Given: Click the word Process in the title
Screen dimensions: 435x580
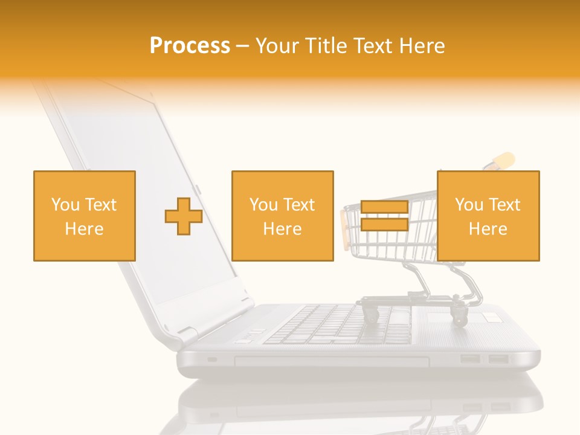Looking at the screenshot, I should (190, 46).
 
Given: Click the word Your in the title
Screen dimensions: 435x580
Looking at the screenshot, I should (278, 46).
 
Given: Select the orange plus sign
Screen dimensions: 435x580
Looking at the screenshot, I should (184, 216).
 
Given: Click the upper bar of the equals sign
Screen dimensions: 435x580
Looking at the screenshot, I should (384, 207).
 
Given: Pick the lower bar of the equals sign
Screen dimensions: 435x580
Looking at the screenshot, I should (384, 225).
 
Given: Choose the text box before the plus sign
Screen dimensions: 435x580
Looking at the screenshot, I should (85, 216).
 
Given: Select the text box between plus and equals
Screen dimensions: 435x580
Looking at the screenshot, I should (283, 216).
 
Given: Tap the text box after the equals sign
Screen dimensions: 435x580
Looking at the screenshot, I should (488, 216).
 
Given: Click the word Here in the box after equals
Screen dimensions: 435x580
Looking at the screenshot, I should (488, 229).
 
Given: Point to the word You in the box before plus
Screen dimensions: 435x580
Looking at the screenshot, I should (65, 205).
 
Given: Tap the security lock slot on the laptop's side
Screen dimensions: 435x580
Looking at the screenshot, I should (211, 360).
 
